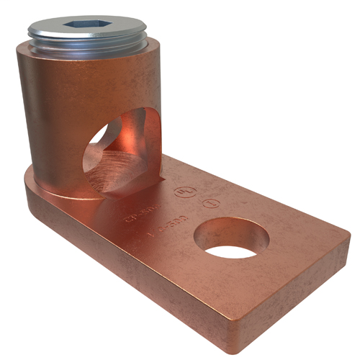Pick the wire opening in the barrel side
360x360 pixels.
point(121,151)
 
